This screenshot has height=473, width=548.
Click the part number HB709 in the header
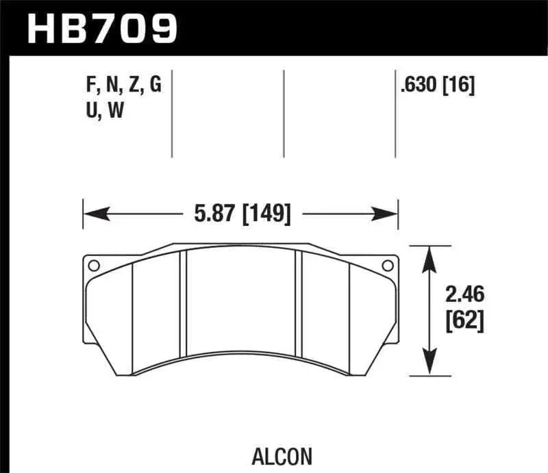101,28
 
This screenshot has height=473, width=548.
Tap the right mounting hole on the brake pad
388,265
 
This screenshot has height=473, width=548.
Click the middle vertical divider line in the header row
284,113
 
